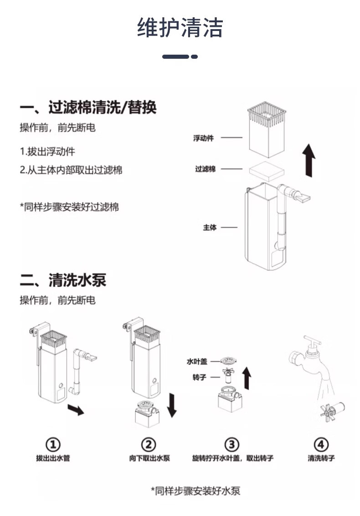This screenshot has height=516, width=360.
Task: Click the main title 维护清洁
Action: coord(180,28)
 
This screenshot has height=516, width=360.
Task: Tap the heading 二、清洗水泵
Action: coord(63,280)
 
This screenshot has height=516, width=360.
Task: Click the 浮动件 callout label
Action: coord(203,138)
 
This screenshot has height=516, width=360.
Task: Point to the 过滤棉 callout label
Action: coord(205,169)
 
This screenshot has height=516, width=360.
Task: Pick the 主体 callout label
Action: coord(210,227)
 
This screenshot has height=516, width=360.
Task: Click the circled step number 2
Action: coord(149,444)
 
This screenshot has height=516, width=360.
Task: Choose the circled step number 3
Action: coord(232,444)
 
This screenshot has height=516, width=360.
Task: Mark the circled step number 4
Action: coord(321,444)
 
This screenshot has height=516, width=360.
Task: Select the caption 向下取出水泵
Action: coord(149,458)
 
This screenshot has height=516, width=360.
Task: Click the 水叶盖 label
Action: coord(197,361)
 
